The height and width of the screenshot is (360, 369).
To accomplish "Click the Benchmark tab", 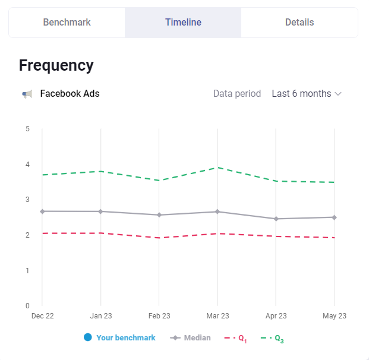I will click(x=67, y=23).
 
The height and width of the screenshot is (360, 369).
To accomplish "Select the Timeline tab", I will click(x=183, y=23).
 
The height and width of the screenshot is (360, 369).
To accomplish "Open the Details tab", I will click(x=299, y=23).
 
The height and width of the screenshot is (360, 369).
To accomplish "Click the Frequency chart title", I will click(x=56, y=65).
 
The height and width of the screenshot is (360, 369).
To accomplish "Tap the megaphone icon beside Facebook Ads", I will click(x=27, y=94).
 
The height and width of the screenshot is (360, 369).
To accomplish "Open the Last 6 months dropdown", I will click(x=307, y=94).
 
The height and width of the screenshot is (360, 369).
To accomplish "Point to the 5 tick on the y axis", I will click(x=27, y=128).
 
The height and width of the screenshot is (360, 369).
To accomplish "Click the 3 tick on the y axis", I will click(x=27, y=200).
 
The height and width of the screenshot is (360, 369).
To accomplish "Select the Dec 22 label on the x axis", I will click(x=42, y=316).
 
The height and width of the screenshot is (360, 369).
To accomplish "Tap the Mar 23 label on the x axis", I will click(x=217, y=316).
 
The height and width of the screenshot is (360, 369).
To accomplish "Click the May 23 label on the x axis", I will click(x=335, y=316).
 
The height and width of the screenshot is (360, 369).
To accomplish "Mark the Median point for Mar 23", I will click(x=217, y=211).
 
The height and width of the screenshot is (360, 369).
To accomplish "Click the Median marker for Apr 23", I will click(x=276, y=219).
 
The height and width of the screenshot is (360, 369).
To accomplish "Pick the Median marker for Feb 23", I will click(x=159, y=214).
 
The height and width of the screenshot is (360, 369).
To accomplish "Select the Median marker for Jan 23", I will click(x=100, y=211).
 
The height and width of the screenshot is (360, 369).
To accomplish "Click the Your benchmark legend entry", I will click(x=119, y=337).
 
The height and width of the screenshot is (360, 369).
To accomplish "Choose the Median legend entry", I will click(x=191, y=337).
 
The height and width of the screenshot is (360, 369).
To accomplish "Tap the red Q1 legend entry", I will click(x=235, y=338).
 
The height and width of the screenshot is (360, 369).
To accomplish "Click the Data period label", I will click(x=236, y=94).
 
